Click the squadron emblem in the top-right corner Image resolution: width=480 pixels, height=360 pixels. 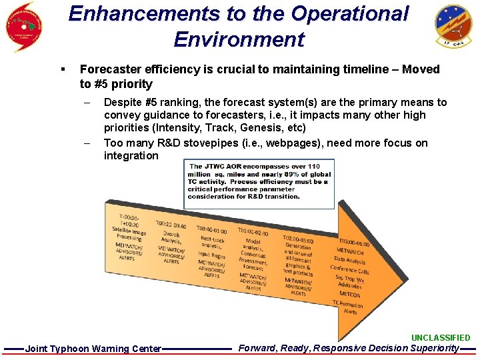453,27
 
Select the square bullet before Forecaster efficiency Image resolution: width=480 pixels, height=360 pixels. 62,69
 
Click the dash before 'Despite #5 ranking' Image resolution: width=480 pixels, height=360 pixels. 87,103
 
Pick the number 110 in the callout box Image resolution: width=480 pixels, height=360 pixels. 313,166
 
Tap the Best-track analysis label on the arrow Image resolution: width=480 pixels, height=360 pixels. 213,242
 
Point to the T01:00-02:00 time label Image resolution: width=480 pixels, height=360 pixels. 253,232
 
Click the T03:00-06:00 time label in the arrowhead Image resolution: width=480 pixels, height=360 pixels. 353,243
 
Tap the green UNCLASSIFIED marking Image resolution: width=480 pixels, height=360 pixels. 440,338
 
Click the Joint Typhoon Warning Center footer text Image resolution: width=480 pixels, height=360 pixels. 93,349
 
